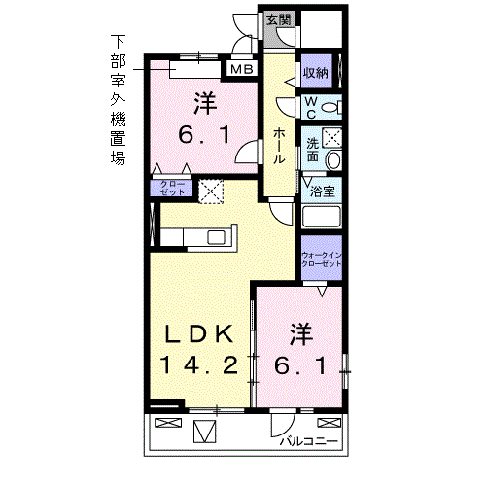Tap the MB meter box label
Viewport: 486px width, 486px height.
[241, 69]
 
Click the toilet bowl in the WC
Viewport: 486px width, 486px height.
[330, 107]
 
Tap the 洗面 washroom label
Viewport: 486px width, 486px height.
[313, 148]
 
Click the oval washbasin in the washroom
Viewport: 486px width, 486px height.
[333, 159]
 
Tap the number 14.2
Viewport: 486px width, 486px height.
[197, 365]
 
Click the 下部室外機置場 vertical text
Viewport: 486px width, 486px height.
[118, 100]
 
